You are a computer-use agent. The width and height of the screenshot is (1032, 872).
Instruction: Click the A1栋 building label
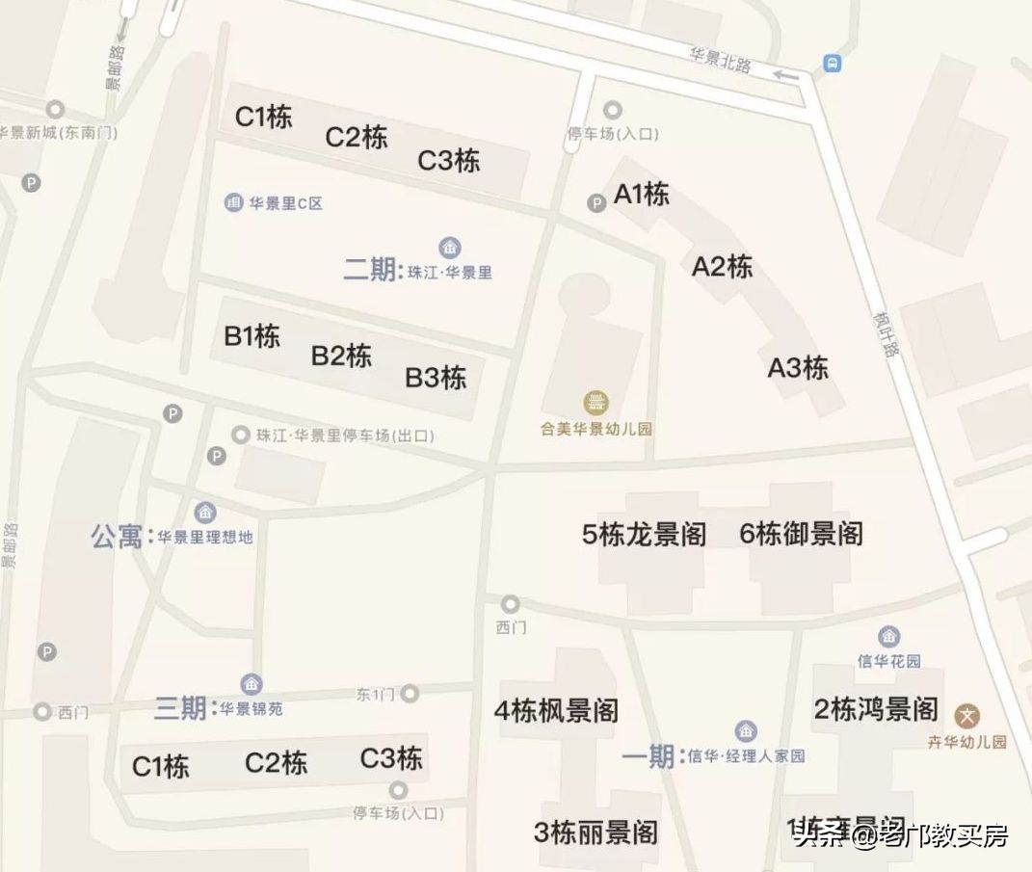[x=642, y=195]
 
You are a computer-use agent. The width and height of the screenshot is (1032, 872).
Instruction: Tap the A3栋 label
[x=798, y=368]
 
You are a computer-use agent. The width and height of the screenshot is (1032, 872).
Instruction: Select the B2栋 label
[x=341, y=356]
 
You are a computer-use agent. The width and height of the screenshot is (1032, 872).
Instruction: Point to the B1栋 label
[x=252, y=336]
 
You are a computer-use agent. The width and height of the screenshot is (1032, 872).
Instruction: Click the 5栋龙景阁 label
[x=645, y=534]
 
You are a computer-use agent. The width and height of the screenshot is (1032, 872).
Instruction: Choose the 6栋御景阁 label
[x=802, y=534]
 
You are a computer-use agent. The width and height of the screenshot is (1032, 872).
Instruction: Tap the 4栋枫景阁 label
[x=556, y=711]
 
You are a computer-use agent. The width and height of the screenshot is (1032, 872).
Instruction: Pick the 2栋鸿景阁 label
[x=876, y=710]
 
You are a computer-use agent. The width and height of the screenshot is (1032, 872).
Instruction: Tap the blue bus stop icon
[x=832, y=64]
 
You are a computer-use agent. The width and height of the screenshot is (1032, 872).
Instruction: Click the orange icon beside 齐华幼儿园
[x=967, y=716]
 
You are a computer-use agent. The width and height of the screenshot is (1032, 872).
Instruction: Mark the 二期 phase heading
[x=370, y=269]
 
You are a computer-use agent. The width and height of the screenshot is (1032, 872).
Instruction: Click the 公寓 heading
[x=118, y=537]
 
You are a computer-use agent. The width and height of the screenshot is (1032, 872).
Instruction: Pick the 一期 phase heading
[x=648, y=756]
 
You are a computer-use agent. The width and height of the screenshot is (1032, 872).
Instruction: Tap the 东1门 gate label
[x=376, y=694]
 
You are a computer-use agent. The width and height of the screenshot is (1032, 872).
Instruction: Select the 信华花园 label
[x=889, y=661]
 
